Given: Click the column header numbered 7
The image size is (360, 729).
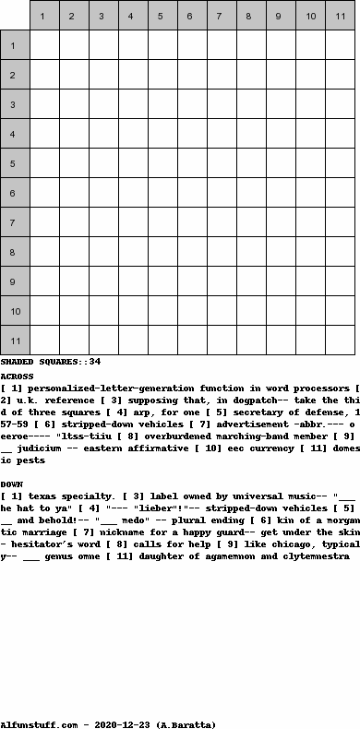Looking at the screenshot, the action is [222, 16].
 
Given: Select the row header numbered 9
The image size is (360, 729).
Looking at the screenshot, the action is [15, 281].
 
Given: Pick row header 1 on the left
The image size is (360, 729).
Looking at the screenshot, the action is [15, 45].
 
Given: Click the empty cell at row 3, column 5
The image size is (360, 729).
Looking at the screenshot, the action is [162, 104].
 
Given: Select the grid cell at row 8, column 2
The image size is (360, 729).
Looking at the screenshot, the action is [74, 252].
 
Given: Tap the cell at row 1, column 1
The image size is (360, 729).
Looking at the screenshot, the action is [44, 45].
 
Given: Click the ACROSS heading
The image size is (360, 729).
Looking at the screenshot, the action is [17, 376].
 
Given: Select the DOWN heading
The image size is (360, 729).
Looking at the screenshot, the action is [12, 484].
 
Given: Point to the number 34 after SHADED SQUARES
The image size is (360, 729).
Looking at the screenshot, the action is [95, 362].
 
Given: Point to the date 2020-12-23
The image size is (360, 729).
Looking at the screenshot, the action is [109, 724].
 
